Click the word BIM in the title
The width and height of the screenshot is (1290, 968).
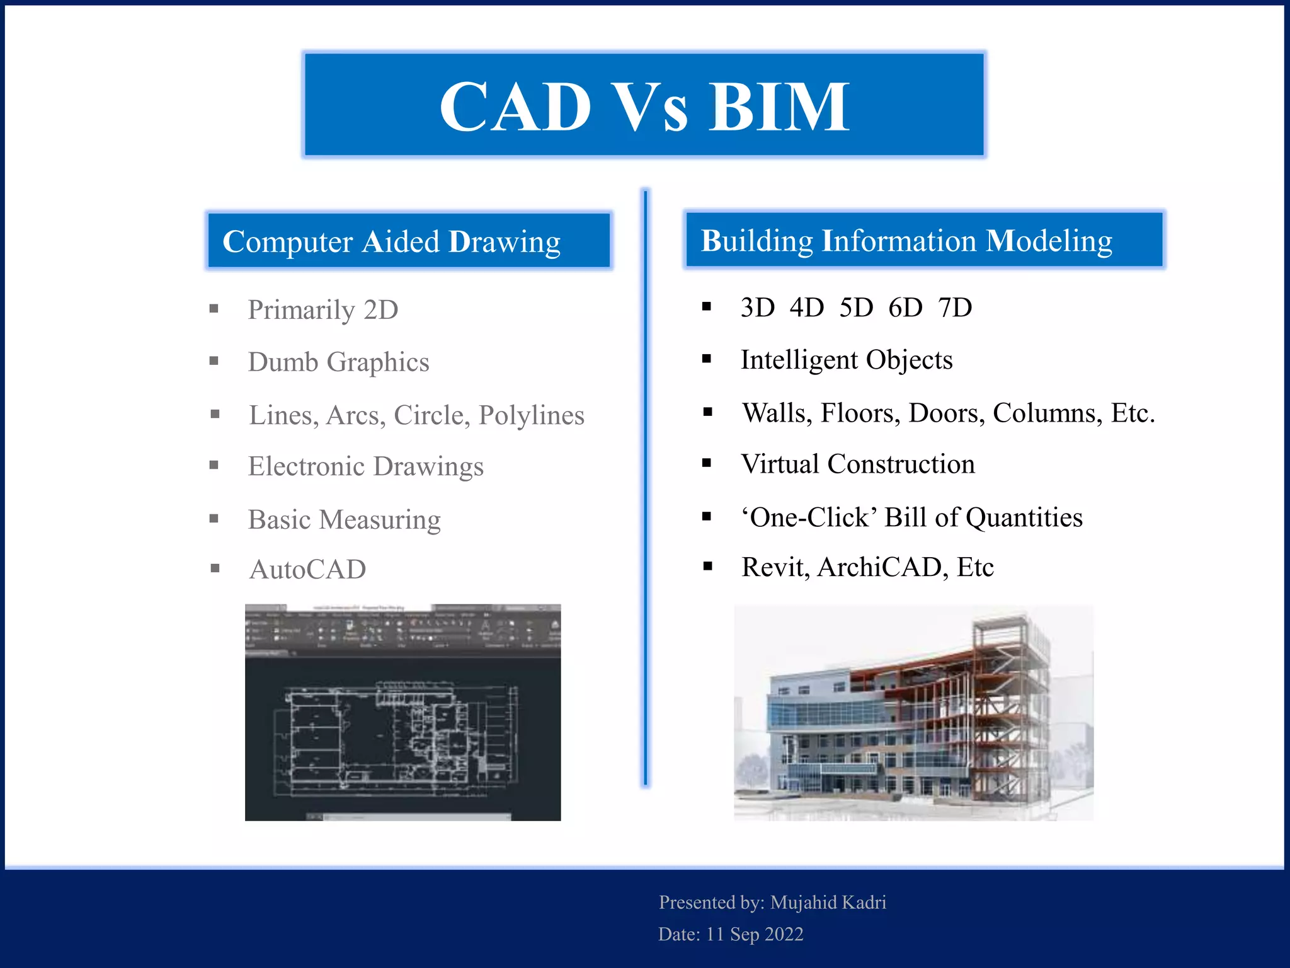pos(779,107)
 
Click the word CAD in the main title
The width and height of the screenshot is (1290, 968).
pos(515,107)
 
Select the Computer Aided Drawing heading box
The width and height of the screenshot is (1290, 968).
pos(409,241)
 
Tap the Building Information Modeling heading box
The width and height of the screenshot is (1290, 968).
pos(923,240)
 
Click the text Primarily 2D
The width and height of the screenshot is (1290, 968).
pos(322,309)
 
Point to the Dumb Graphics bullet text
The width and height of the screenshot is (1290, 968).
pos(338,362)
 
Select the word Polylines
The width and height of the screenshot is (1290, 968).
pos(531,415)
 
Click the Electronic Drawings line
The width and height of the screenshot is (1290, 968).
pos(365,466)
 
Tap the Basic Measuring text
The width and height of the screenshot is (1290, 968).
pos(344,520)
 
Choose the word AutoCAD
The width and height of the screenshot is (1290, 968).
pos(307,569)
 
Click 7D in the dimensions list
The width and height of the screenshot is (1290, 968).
pos(954,308)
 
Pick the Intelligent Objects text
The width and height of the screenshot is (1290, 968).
pos(846,360)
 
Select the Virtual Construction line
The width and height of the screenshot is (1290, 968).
pos(857,464)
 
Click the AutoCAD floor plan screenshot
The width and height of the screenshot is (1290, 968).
pos(402,712)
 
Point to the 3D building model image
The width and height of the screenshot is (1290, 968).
pos(913,712)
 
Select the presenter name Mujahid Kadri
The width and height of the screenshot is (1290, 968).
pos(828,902)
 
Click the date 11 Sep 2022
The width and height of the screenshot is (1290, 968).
pos(754,933)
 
